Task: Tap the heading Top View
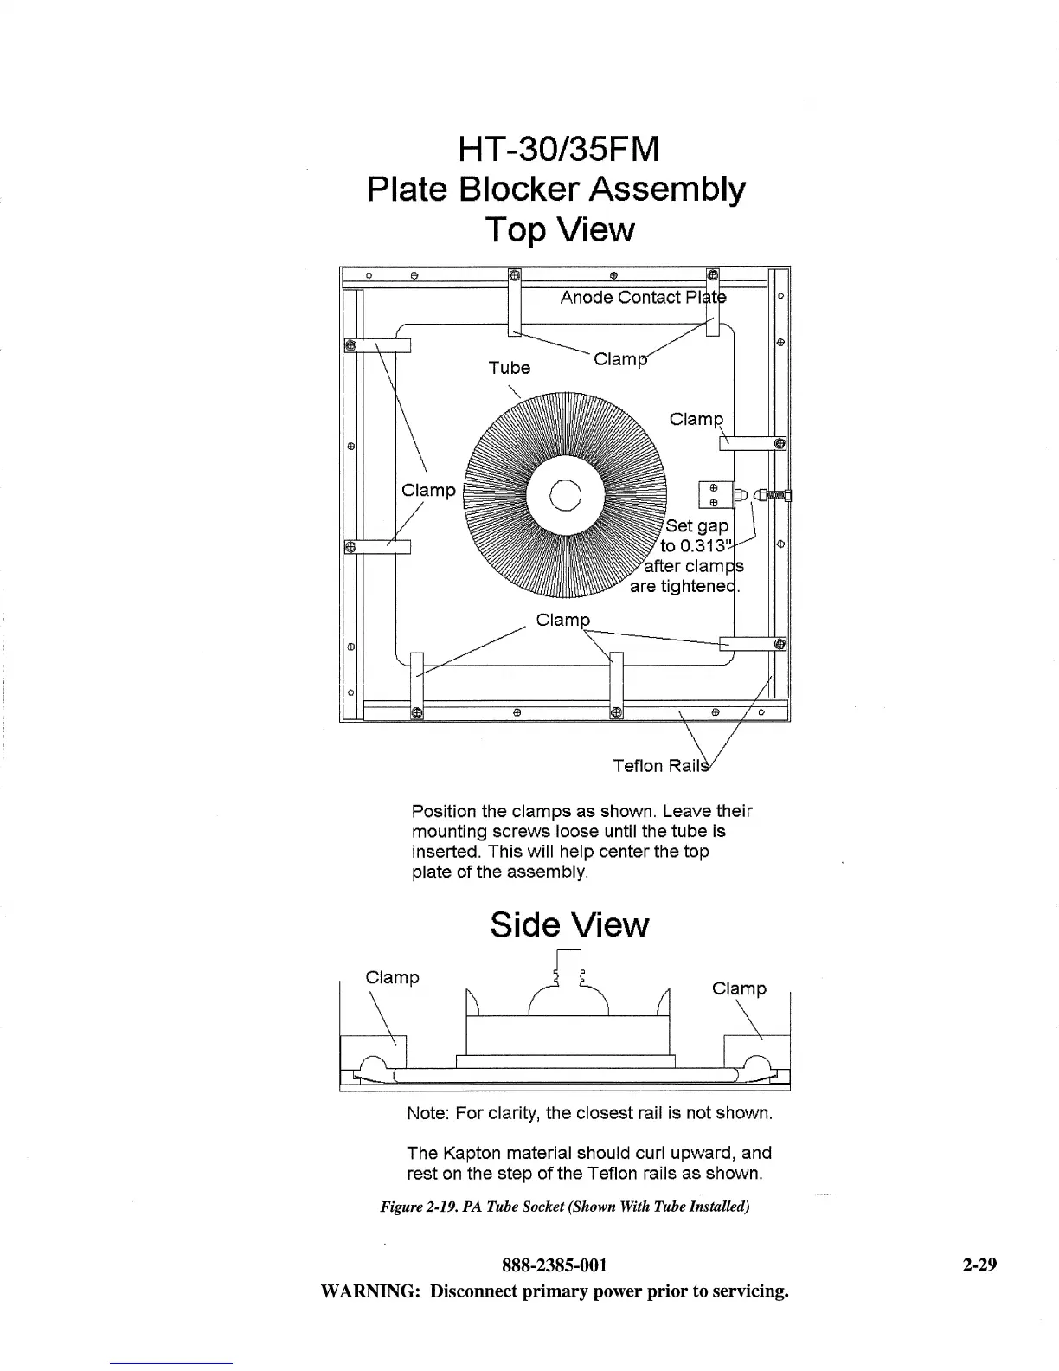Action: [x=559, y=229]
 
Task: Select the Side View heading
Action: [x=568, y=925]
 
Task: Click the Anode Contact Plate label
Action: [x=643, y=298]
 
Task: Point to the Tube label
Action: [x=509, y=368]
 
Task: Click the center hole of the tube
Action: [x=565, y=495]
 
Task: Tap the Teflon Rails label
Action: [x=660, y=766]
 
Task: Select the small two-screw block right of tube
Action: [x=714, y=495]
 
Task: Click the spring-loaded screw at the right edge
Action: [x=774, y=495]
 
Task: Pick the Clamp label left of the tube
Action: [x=428, y=491]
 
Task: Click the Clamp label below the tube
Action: [x=562, y=621]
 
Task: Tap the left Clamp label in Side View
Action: [x=392, y=978]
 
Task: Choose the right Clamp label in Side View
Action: [x=739, y=989]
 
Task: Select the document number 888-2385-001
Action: [x=555, y=1265]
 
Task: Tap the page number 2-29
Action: [x=979, y=1265]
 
